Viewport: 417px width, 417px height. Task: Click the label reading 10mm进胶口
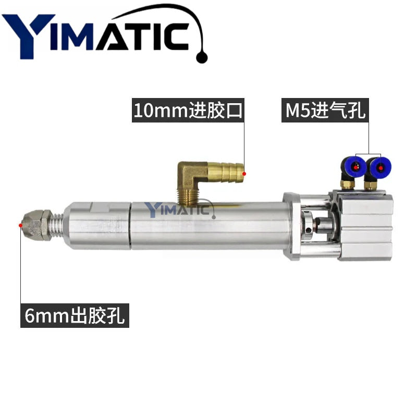(188, 111)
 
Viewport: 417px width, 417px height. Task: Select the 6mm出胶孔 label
(75, 315)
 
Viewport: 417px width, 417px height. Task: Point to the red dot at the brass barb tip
(244, 174)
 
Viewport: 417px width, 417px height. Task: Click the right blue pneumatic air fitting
(380, 167)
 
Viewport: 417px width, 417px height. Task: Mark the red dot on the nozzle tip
(20, 225)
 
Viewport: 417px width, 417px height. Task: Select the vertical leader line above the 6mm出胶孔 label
(20, 266)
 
